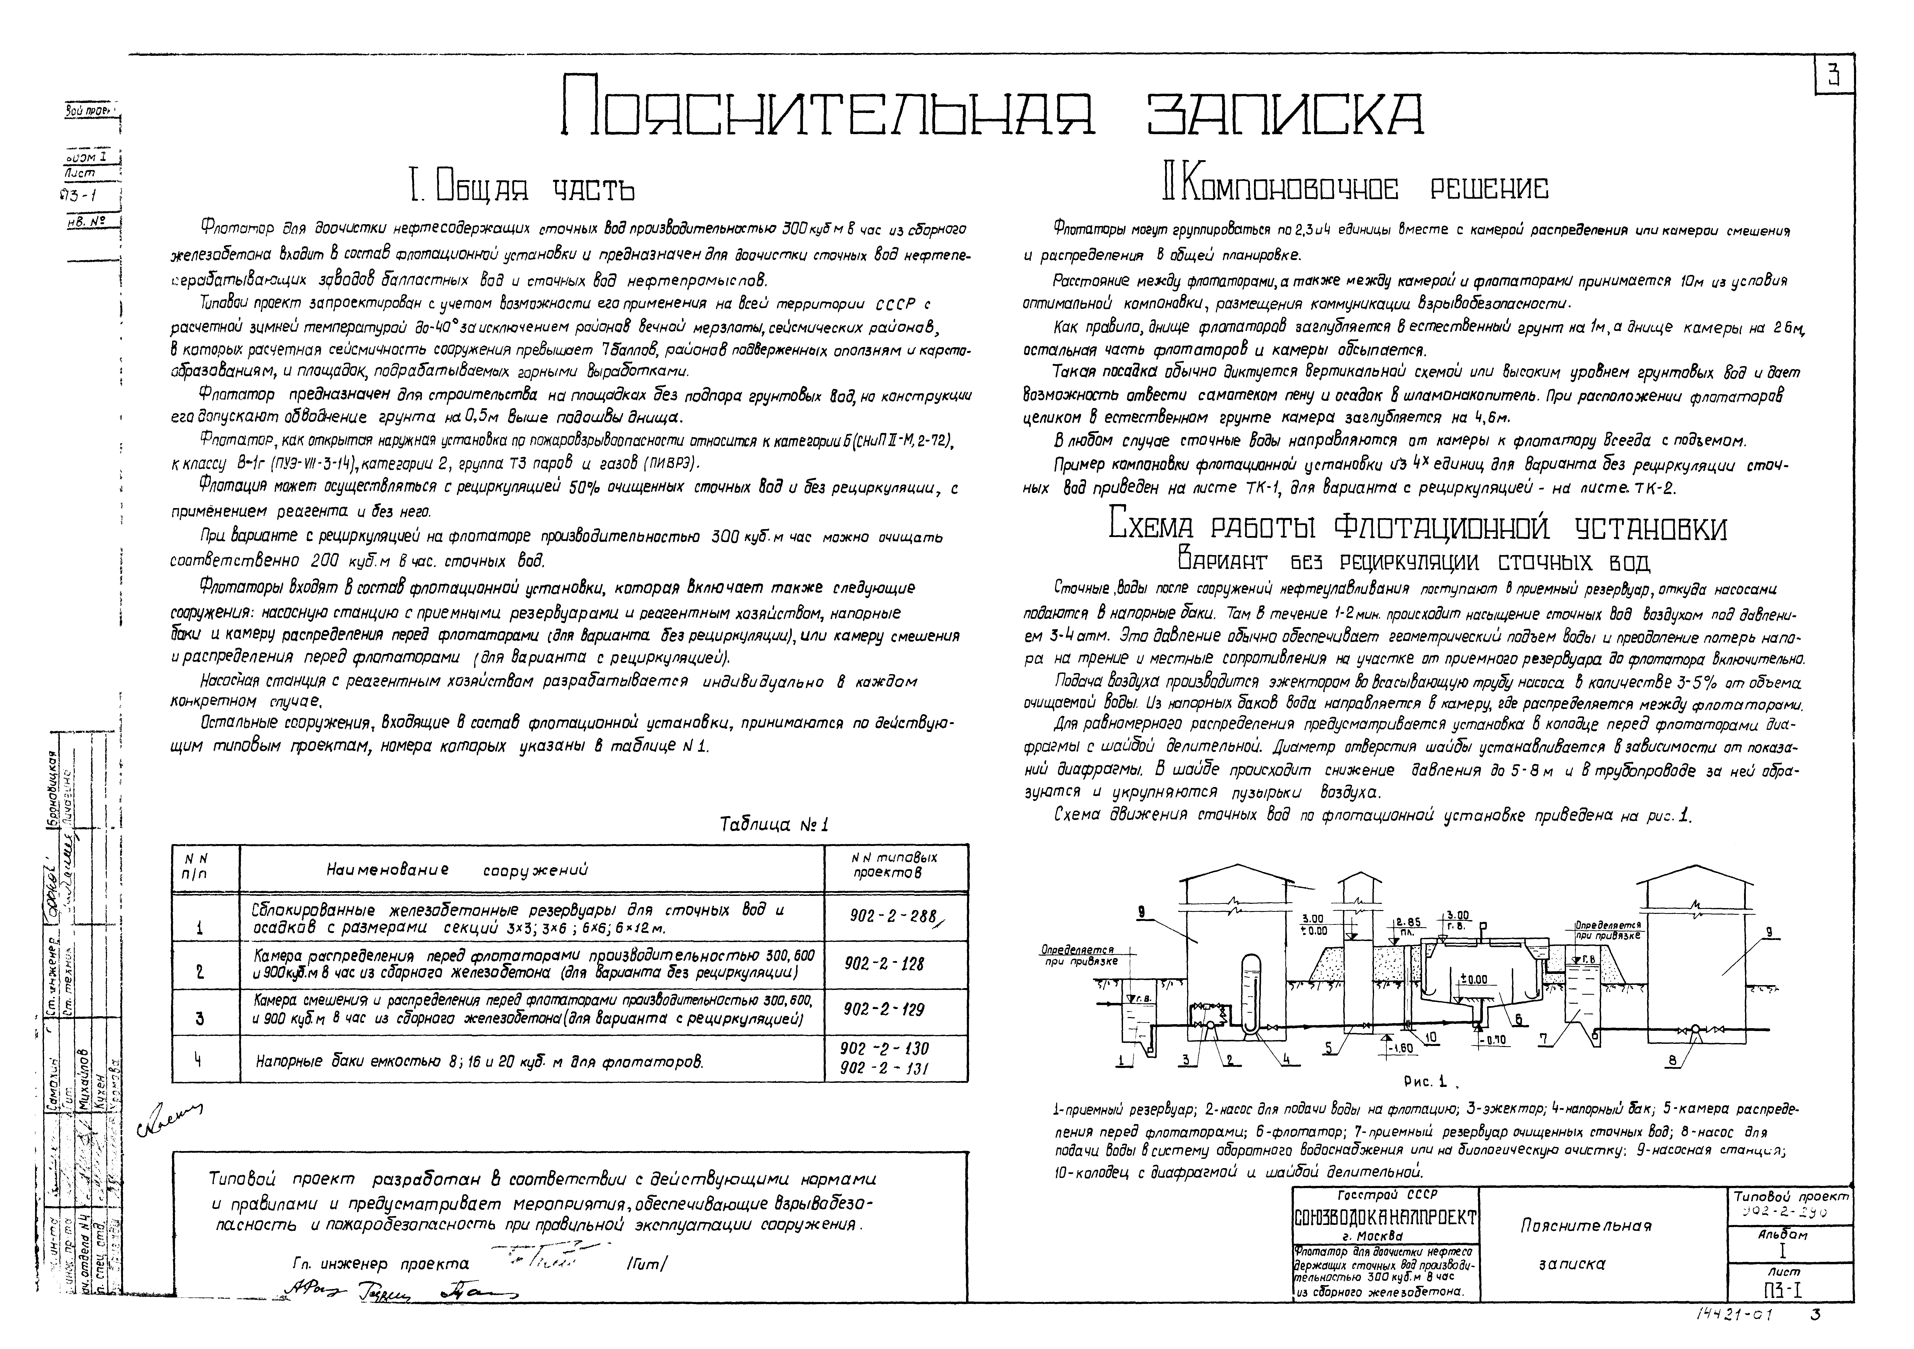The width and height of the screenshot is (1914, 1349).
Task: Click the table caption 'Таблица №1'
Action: point(774,825)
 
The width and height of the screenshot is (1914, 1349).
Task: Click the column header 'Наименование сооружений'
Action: point(457,870)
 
